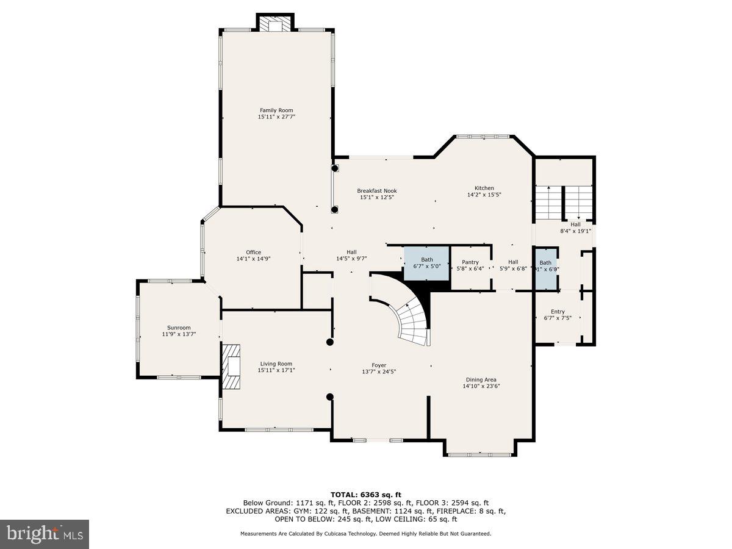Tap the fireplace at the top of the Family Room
coord(274,24)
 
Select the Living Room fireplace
coord(231,366)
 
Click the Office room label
coord(253,252)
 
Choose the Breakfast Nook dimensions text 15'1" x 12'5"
coord(376,197)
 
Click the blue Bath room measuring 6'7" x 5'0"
coord(427,263)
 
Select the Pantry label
coord(470,262)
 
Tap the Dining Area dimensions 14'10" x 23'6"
coord(481,386)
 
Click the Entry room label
coord(558,312)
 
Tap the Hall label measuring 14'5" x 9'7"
coord(351,252)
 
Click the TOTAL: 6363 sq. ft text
coord(365,494)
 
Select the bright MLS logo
coord(45,534)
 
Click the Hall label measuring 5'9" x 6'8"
coord(513,262)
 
